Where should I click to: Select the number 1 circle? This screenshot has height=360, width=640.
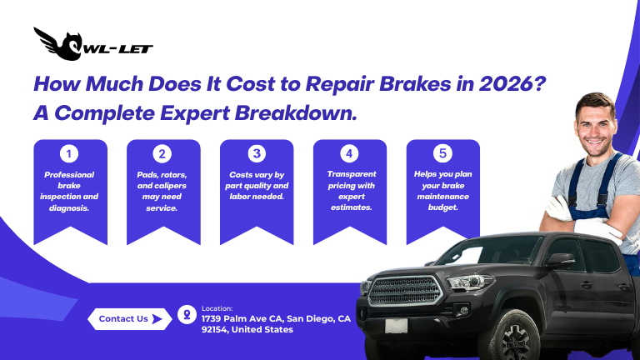point(71,153)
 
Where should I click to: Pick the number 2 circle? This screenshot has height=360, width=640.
point(163,153)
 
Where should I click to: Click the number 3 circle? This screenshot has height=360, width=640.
point(257,153)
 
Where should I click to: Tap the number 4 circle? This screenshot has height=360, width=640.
point(350,153)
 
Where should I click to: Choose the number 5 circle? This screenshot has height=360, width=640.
point(443,153)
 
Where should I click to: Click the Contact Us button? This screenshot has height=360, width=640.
point(124,318)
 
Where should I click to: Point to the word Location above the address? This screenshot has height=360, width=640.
point(217,307)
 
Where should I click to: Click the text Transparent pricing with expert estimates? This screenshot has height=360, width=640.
point(350,191)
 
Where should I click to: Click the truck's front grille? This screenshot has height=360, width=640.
point(405,291)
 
